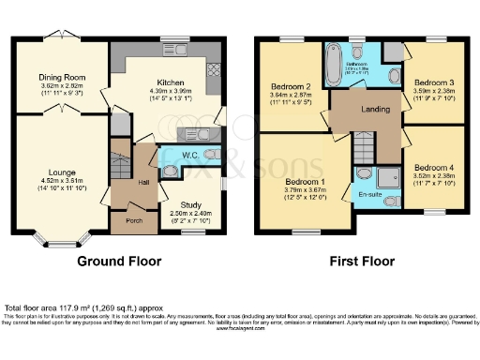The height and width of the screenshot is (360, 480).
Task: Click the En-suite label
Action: [371, 195]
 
